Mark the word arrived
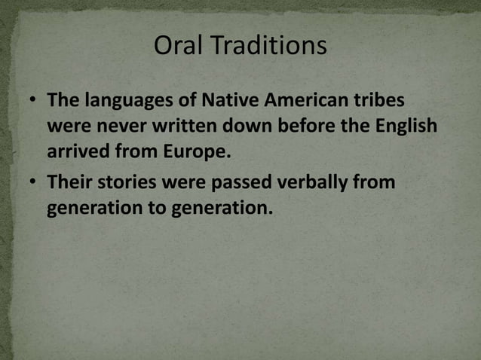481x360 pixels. coord(76,150)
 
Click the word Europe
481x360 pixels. coord(196,151)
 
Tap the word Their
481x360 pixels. coord(69,182)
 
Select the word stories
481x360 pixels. coord(127,182)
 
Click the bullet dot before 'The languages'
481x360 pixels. coord(32,101)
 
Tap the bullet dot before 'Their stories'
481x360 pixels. coord(32,183)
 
